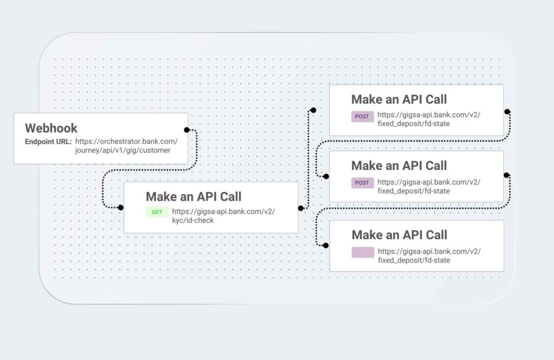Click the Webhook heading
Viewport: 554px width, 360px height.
(51, 128)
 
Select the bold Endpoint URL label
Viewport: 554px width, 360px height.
(48, 142)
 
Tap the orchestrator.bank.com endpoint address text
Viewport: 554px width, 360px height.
(126, 146)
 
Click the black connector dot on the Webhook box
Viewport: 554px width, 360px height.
(187, 130)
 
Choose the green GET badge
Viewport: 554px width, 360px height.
(157, 212)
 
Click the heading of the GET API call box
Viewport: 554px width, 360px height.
(194, 197)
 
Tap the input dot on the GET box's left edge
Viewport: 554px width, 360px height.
(121, 207)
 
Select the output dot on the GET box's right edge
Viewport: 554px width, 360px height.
(301, 208)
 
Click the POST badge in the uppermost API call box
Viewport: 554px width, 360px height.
(362, 117)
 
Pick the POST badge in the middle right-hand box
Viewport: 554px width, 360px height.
(362, 183)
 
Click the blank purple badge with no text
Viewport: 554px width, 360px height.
(363, 252)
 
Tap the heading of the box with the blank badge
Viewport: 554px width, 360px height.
(399, 235)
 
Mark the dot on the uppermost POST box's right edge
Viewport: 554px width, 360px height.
(507, 112)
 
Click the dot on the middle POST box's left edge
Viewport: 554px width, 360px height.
(326, 176)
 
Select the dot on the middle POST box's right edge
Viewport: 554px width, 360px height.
(506, 175)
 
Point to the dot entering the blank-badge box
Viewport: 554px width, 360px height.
(326, 245)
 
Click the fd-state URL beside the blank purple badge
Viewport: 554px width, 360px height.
(429, 256)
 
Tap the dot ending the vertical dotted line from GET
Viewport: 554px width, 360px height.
(313, 110)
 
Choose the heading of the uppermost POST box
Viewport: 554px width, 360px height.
(399, 100)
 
